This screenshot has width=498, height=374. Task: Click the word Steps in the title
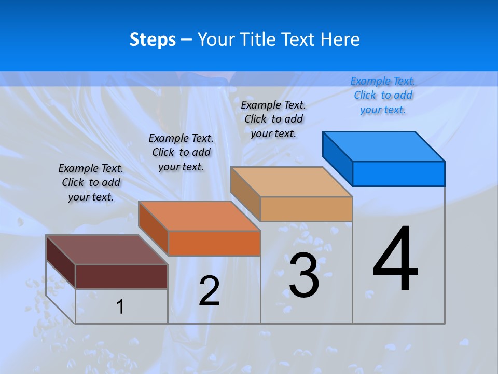coord(153,39)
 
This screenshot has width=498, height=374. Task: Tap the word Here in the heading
coord(340,39)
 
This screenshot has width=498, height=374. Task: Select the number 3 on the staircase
coord(304,275)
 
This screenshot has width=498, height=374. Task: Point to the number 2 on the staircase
coord(209,291)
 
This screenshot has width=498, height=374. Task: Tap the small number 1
coord(120,306)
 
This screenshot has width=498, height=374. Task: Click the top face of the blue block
coord(384,146)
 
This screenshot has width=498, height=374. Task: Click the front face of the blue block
coord(398,173)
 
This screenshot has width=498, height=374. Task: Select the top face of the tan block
coord(291,182)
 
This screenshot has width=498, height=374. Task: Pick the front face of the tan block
coord(306,209)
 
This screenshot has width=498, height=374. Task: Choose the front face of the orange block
coord(214,243)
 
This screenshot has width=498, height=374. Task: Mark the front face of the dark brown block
coord(121,276)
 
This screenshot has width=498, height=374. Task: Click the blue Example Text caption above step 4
coord(383,95)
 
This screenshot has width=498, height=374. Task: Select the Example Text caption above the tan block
coord(273,119)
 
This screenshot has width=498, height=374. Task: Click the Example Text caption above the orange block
coord(181,152)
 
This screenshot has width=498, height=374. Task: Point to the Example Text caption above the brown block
coord(91,182)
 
